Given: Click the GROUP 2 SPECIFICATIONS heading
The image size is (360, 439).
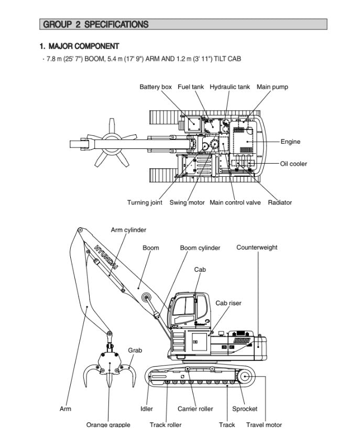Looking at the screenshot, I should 96,24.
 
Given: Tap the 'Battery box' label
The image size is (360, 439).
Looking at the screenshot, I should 156,87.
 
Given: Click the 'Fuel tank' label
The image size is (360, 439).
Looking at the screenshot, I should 191,87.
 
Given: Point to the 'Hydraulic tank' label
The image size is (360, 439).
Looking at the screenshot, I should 230,87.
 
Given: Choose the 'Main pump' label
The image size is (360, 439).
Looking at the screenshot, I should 272,87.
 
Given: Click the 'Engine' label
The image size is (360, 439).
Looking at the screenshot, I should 290,142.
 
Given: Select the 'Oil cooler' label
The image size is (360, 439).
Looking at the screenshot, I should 293,164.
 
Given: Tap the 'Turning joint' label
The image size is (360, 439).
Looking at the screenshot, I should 145,202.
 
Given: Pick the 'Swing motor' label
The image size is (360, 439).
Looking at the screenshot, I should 187,202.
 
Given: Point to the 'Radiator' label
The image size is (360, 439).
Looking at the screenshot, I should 280,202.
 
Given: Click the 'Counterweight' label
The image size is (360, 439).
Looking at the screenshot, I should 257,248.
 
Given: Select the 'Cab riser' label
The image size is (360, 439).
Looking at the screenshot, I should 228,303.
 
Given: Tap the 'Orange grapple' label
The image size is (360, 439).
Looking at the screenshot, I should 108,425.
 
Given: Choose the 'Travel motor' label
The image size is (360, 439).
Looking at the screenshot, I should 264,425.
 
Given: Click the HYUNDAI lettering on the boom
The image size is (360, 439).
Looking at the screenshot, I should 106,258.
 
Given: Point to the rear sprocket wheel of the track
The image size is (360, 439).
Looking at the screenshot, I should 245,376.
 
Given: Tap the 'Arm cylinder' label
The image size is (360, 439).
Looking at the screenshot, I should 128,230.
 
